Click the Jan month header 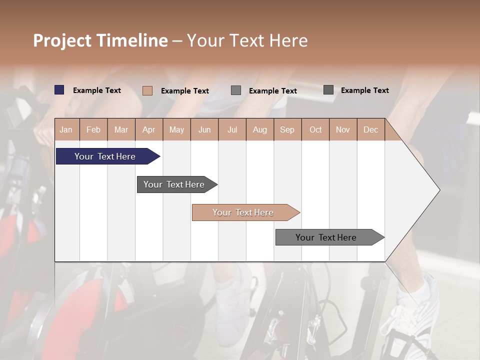coord(66,129)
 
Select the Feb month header coord(93,129)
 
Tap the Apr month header coord(148,129)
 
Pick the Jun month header coord(204,129)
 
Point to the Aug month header coord(259,129)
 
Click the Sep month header coord(287,129)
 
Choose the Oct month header coord(315,129)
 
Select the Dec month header coord(370,129)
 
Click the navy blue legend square coord(59,90)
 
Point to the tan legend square coord(147,90)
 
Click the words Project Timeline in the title coord(100,40)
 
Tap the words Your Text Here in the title coord(247,40)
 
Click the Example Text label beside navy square coord(97,90)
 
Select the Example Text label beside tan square coord(185,91)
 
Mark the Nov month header coord(342,129)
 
